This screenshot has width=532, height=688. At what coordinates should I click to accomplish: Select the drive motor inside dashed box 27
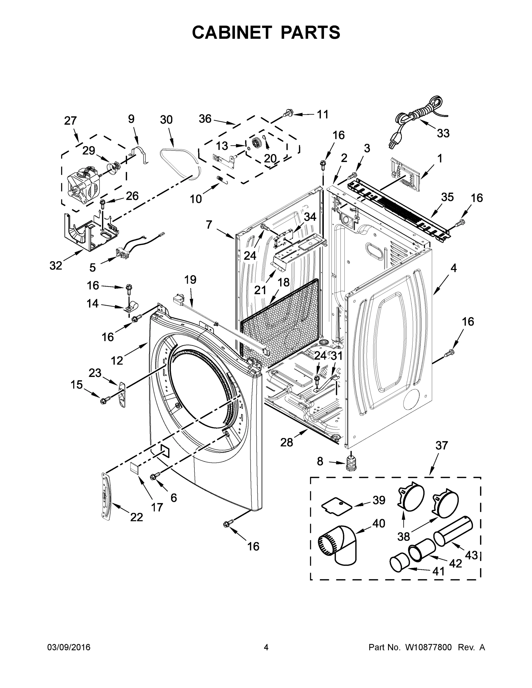point(81,185)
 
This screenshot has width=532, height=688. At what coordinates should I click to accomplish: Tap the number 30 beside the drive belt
point(166,120)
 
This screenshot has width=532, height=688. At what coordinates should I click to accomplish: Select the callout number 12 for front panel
point(117,360)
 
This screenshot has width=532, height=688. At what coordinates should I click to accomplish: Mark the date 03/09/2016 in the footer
point(69,648)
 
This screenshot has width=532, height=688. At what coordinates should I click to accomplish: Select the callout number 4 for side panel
point(453,268)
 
